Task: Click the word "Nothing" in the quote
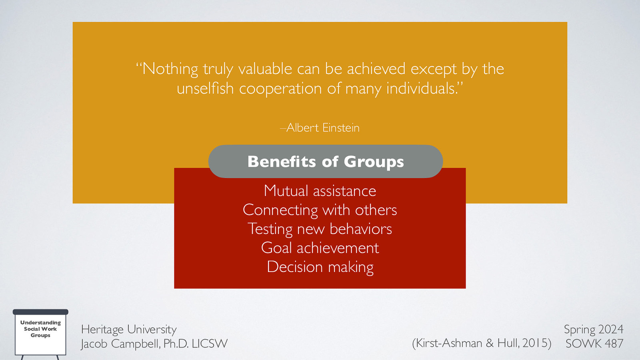tap(170, 69)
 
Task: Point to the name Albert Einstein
tap(323, 128)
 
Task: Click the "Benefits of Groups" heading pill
tap(326, 162)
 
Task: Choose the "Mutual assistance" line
tap(320, 191)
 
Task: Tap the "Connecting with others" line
tap(320, 210)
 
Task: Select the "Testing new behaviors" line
tap(320, 229)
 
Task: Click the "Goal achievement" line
tap(320, 248)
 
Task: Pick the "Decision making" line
tap(320, 267)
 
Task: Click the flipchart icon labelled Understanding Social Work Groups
tap(40, 332)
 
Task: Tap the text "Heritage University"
tap(129, 329)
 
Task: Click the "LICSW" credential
tap(210, 344)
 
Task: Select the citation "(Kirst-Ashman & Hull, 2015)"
tap(482, 343)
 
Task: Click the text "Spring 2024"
tap(594, 329)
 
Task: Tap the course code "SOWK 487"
tap(594, 343)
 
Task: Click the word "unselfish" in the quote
tap(205, 88)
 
